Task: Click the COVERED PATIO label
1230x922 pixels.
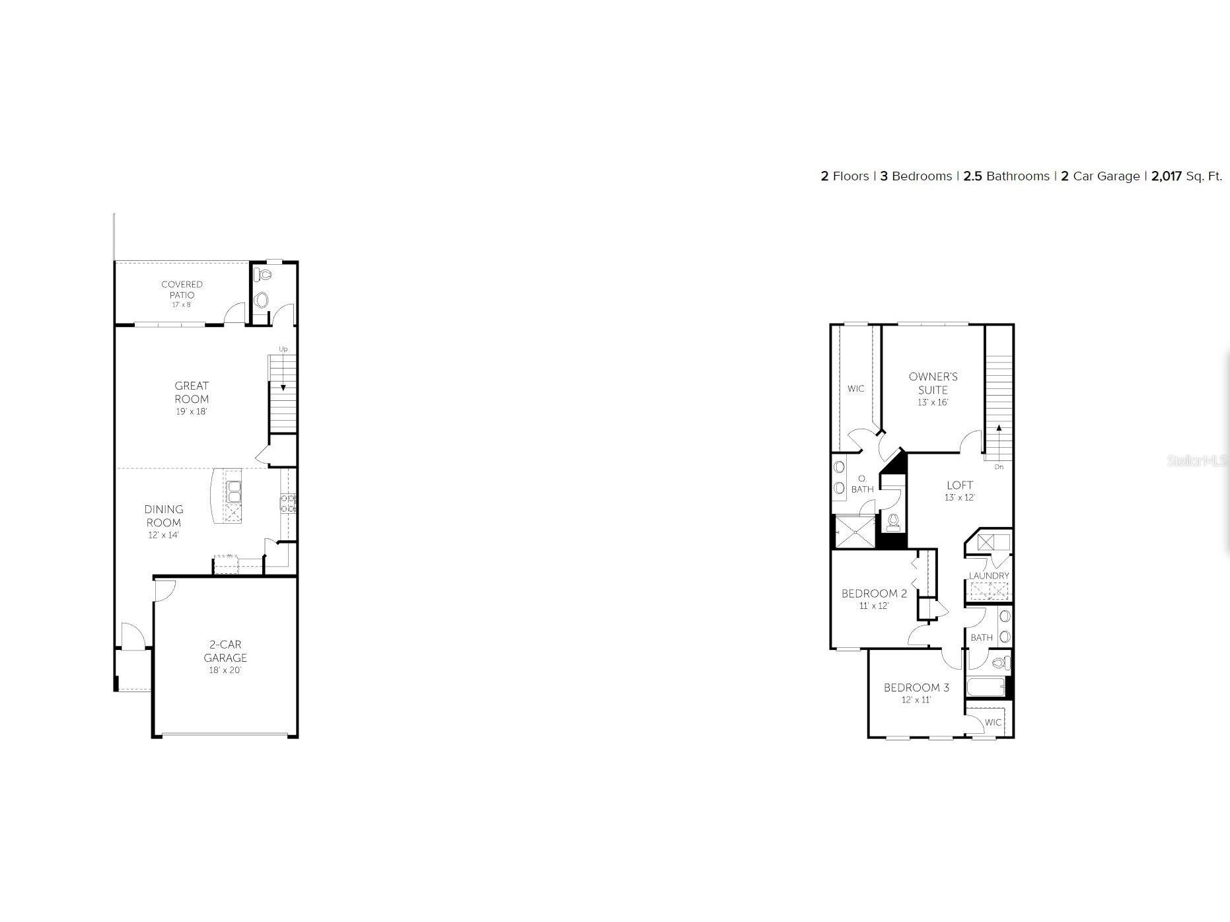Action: pyautogui.click(x=182, y=290)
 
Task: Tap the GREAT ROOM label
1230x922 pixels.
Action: pyautogui.click(x=192, y=392)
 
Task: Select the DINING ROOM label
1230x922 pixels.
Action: pyautogui.click(x=164, y=516)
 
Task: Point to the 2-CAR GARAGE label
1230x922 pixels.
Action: pyautogui.click(x=225, y=651)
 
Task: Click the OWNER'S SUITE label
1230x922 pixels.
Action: pyautogui.click(x=933, y=383)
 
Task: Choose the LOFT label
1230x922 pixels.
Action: pyautogui.click(x=959, y=485)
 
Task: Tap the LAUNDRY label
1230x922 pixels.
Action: pyautogui.click(x=988, y=576)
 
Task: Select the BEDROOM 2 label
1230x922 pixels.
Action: pyautogui.click(x=874, y=594)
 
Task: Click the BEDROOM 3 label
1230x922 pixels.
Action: pyautogui.click(x=916, y=688)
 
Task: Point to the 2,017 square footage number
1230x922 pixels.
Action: pyautogui.click(x=1166, y=176)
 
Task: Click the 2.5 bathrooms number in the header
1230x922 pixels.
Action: pyautogui.click(x=972, y=176)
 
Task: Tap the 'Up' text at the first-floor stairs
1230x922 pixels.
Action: pyautogui.click(x=283, y=349)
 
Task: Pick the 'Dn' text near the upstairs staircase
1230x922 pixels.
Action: pyautogui.click(x=999, y=467)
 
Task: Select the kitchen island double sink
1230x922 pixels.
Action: pyautogui.click(x=234, y=491)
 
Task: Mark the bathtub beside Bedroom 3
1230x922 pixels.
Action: pyautogui.click(x=986, y=687)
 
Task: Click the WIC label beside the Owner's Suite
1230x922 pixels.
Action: pyautogui.click(x=855, y=389)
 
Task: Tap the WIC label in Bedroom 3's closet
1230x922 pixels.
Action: pyautogui.click(x=993, y=723)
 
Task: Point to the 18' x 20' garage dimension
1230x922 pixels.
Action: pyautogui.click(x=225, y=670)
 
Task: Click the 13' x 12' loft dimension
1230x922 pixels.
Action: pyautogui.click(x=959, y=498)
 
